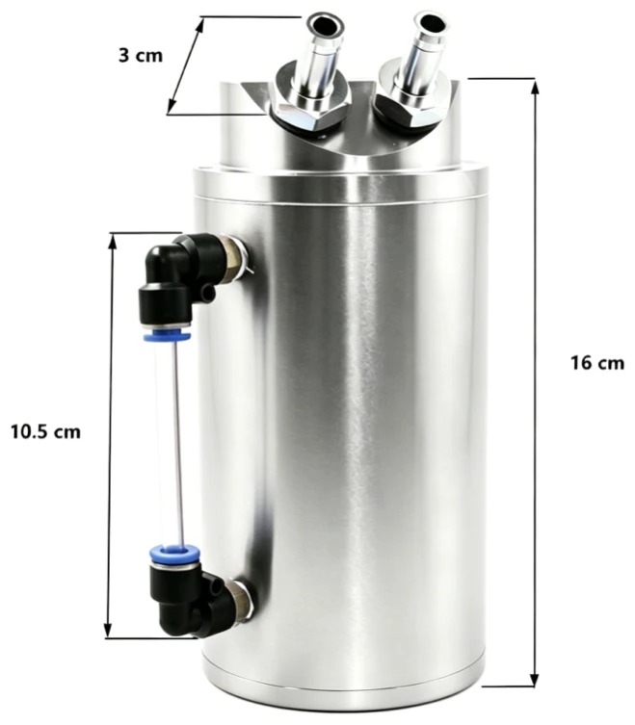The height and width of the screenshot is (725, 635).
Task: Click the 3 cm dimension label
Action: (141, 56)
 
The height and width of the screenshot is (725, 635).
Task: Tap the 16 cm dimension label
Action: (597, 363)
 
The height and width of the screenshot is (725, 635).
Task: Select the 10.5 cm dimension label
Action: (46, 432)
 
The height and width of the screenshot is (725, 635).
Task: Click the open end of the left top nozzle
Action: (326, 23)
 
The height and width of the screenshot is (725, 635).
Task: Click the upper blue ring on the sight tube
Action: (167, 334)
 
